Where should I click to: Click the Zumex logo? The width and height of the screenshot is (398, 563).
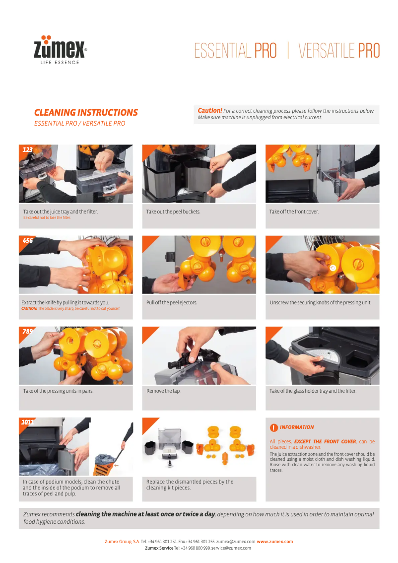(x=60, y=50)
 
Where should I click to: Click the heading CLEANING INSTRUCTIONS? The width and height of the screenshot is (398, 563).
(x=86, y=113)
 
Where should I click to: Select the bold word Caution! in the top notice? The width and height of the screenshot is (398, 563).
(x=209, y=111)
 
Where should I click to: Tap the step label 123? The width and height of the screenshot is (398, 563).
(x=27, y=149)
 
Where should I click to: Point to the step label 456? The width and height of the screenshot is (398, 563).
(x=27, y=240)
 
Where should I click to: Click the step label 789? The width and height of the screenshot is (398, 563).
(x=27, y=331)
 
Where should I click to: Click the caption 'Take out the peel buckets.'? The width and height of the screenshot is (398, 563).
(x=173, y=212)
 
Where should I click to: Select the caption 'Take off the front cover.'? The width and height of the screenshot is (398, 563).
(x=294, y=212)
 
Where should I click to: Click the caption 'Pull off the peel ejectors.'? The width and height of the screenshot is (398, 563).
(x=172, y=302)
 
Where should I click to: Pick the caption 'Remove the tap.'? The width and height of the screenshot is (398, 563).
(x=163, y=391)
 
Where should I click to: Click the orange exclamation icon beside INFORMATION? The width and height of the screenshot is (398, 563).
(x=274, y=427)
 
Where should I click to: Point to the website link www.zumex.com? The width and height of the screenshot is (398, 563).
(x=274, y=542)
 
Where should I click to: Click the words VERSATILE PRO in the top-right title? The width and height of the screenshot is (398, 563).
(x=339, y=51)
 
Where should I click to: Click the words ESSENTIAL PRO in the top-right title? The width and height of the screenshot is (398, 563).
(x=235, y=51)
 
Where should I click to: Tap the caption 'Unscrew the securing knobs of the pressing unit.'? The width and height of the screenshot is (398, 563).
(x=320, y=302)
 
